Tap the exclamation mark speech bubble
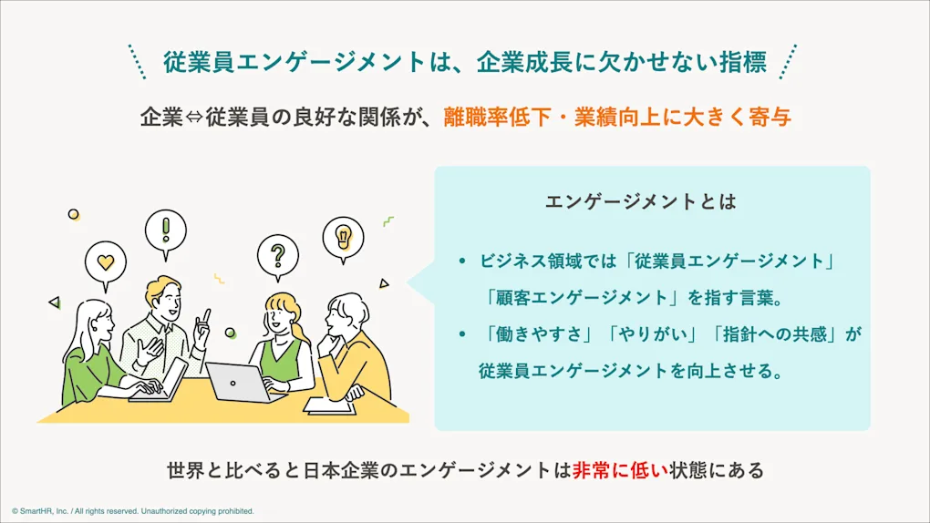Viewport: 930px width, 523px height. coord(165,232)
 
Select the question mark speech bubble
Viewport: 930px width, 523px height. coord(277,258)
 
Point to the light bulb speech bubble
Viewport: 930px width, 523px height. coord(343,239)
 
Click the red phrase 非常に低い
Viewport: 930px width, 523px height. coord(620,471)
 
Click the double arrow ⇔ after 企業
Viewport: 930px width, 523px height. coord(194,118)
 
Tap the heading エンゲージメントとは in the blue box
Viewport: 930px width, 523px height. coord(641,201)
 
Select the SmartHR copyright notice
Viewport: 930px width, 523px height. coord(133,511)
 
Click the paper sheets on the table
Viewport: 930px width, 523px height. coord(330,406)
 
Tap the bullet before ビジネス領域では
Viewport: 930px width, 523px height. coord(462,261)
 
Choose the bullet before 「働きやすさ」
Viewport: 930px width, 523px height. coord(462,334)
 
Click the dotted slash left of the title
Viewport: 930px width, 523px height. coord(137,62)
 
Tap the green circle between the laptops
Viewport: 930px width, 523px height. coord(230,333)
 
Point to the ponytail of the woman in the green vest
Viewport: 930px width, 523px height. coord(300,332)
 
